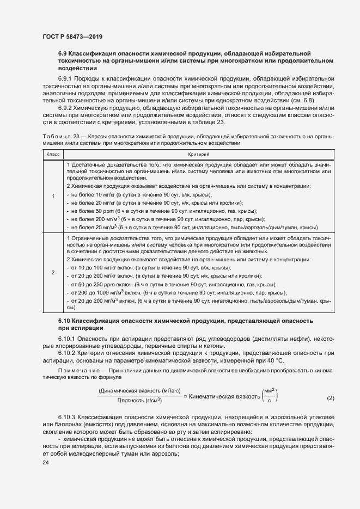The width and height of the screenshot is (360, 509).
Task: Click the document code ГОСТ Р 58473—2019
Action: (x=72, y=36)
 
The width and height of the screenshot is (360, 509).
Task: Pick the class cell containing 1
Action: (x=53, y=196)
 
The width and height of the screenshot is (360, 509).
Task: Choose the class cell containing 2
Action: (x=53, y=272)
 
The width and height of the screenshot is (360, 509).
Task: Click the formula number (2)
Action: (x=330, y=398)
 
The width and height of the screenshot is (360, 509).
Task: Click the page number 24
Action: (x=46, y=462)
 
